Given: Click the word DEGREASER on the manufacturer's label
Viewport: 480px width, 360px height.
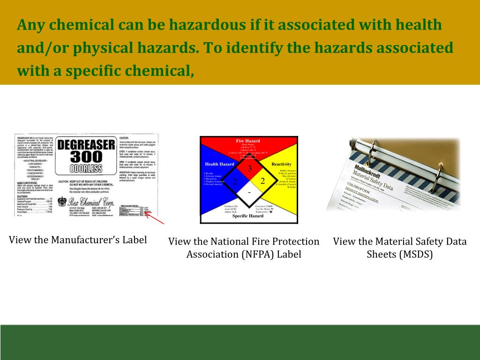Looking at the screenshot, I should (x=86, y=144).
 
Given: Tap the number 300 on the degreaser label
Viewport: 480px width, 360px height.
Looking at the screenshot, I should (x=86, y=157).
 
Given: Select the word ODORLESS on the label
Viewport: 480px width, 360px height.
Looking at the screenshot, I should (x=86, y=168).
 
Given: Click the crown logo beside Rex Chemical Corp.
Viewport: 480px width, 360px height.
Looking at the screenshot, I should (x=62, y=201).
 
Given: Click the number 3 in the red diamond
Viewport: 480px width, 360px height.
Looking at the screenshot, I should (x=249, y=168).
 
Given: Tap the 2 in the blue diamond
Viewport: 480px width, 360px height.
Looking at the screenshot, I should (x=235, y=181).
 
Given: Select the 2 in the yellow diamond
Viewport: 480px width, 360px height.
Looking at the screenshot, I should (x=262, y=180).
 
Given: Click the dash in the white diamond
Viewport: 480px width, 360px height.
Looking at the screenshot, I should (x=249, y=193).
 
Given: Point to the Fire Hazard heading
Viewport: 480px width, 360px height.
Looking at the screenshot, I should (x=248, y=141).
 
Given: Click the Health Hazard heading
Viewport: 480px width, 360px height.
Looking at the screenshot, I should (x=219, y=164).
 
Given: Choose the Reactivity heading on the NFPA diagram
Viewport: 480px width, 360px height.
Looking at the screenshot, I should (x=281, y=164).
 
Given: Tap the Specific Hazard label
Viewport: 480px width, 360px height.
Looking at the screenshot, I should (x=248, y=216).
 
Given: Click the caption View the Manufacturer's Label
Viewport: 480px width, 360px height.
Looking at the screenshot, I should (x=78, y=240).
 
